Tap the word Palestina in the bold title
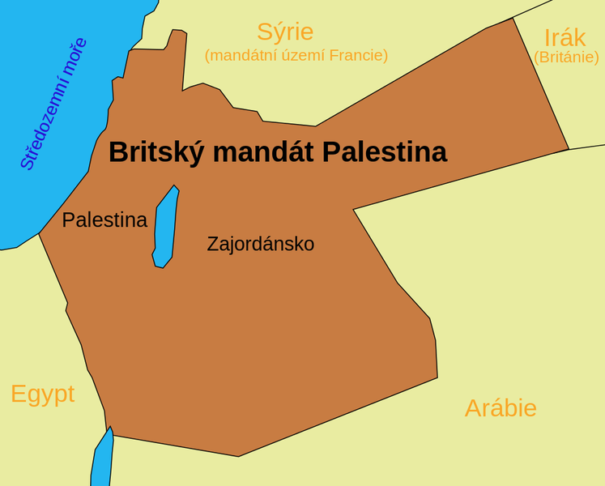[x=385, y=152]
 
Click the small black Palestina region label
[x=104, y=220]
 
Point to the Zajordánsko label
[x=260, y=243]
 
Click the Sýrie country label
[x=285, y=32]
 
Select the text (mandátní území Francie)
[x=296, y=55]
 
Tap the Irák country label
[x=565, y=37]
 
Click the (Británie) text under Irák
[x=566, y=58]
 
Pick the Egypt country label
[x=42, y=394]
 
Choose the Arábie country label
[x=501, y=408]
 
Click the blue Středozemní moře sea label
[x=53, y=104]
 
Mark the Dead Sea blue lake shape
[x=164, y=227]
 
